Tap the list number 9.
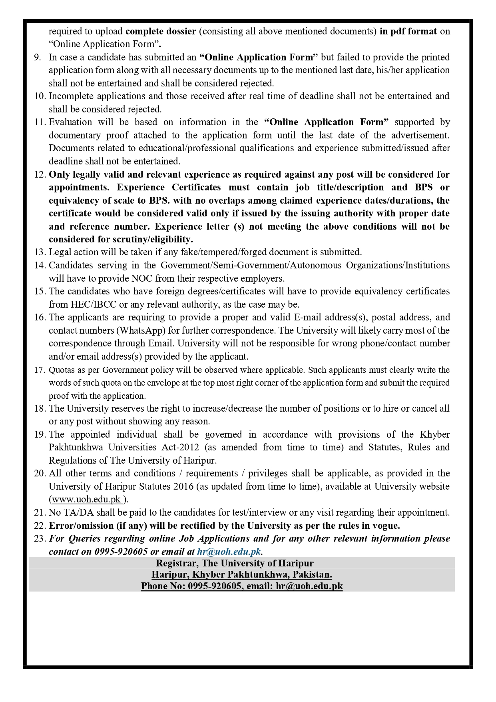tap(37, 57)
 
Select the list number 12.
tap(40, 174)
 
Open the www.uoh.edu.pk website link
tap(87, 500)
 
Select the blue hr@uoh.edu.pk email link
tap(229, 552)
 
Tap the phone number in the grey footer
tap(215, 586)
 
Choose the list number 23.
tap(40, 538)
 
